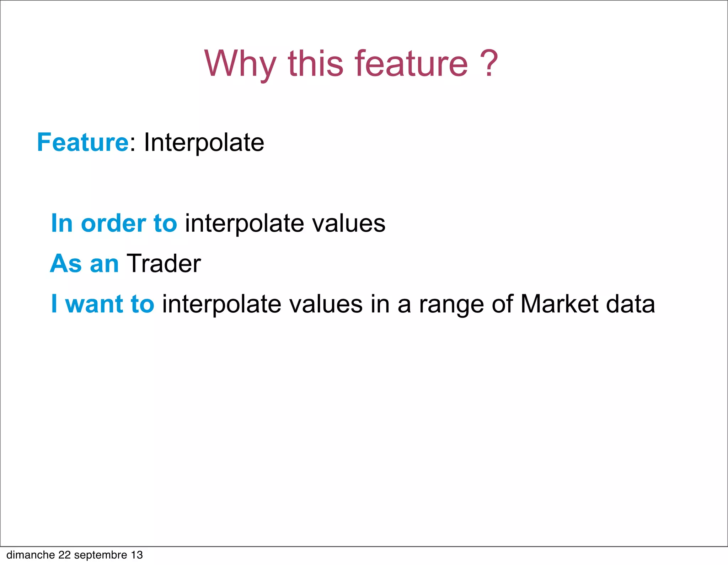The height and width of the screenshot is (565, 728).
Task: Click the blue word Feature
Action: point(82,143)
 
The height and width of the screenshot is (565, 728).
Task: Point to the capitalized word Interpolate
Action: point(204,143)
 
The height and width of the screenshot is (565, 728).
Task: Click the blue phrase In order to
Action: point(114,223)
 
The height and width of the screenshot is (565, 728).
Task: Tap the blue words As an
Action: point(84,264)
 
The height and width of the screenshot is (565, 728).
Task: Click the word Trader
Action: point(164,264)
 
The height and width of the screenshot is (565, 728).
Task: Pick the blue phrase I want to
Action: point(102,304)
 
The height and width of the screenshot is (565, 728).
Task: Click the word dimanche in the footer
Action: point(31,555)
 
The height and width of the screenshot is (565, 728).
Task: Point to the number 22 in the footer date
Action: point(65,555)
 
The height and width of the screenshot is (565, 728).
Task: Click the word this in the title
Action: point(316,64)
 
